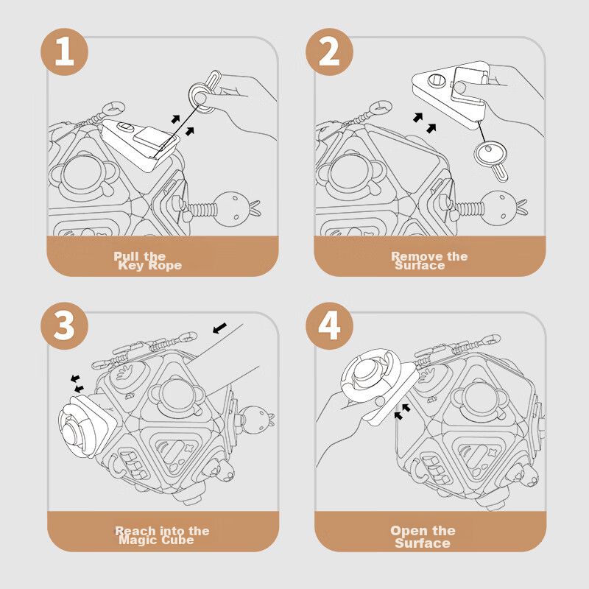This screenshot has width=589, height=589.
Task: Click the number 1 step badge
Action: click(x=64, y=53)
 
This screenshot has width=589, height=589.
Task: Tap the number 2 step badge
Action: click(x=329, y=53)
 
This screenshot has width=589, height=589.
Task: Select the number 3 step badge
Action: click(x=64, y=324)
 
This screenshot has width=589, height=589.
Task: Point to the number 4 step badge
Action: click(x=329, y=324)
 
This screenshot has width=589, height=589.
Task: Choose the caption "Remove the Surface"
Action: click(x=429, y=261)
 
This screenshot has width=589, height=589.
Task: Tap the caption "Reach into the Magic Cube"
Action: click(x=161, y=535)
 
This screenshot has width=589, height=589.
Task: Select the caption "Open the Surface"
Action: click(x=423, y=536)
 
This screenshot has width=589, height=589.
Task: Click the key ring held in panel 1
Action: click(x=201, y=96)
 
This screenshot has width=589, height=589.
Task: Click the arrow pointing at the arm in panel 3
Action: click(x=219, y=326)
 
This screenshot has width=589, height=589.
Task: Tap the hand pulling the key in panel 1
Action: click(x=243, y=96)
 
